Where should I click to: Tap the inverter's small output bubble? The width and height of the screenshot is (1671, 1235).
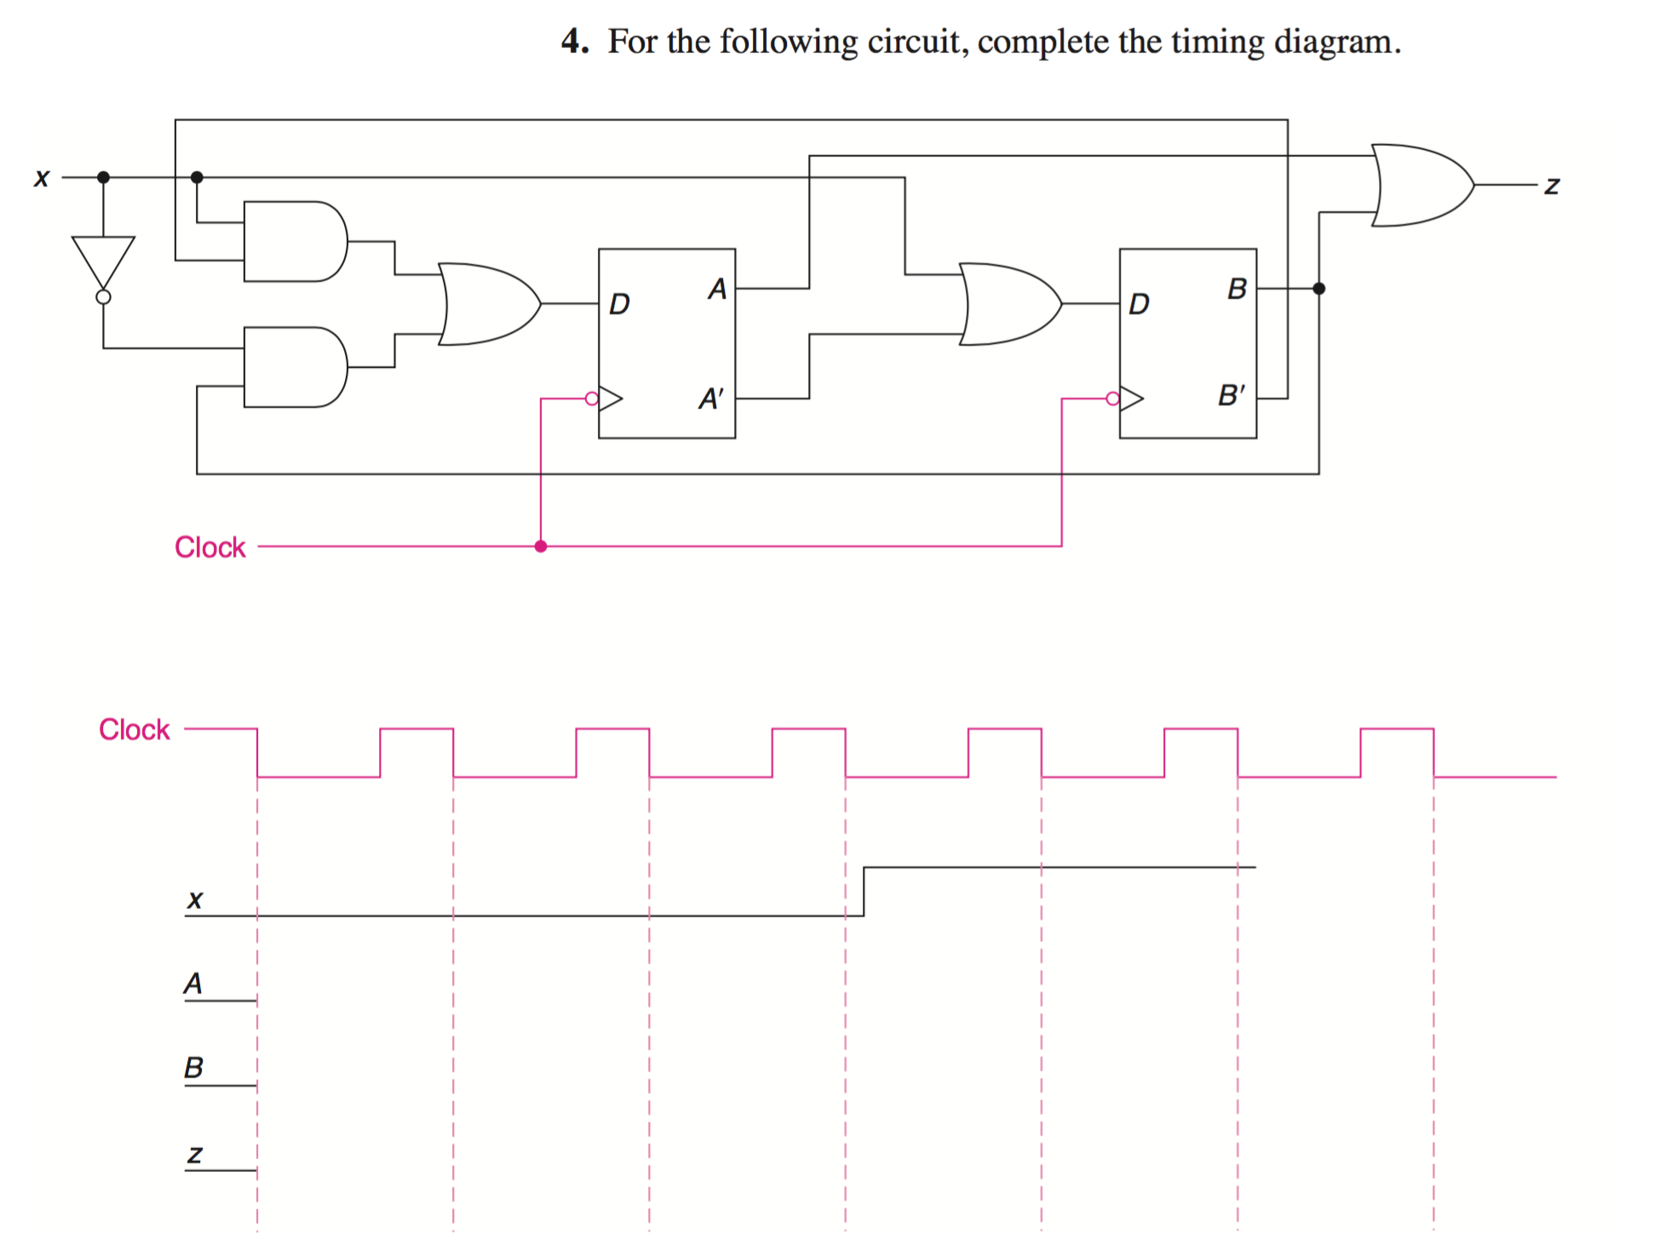point(103,297)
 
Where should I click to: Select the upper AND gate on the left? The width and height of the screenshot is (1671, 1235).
point(293,241)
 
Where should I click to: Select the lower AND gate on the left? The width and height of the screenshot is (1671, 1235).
point(293,367)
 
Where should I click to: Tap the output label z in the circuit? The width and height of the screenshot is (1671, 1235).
point(1552,185)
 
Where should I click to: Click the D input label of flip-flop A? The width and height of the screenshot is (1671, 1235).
point(619,304)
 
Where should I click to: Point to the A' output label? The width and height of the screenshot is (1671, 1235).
point(710,398)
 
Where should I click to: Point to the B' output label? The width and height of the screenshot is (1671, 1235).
point(1231,395)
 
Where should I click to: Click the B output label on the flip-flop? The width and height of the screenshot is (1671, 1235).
point(1237,290)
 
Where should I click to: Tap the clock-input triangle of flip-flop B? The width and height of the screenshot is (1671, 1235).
point(1131,398)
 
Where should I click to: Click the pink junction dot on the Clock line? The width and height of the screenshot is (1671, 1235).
point(541,546)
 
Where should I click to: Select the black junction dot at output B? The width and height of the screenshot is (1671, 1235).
point(1319,289)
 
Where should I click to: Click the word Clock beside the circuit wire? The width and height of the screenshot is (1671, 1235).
point(210,547)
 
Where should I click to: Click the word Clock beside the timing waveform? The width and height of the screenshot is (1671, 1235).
point(134,730)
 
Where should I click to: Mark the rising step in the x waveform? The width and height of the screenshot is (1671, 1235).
point(864,891)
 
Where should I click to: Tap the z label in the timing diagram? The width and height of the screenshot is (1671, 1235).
point(195,1154)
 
